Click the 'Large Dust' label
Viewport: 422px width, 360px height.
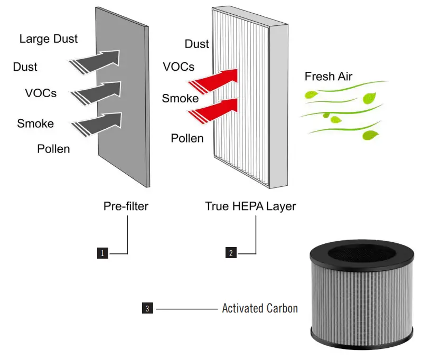(49, 39)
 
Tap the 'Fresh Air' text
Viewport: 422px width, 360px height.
(328, 77)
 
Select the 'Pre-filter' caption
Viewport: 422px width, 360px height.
(126, 206)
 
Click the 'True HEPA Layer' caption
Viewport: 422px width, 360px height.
(250, 206)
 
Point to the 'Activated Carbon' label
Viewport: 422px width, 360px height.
(260, 308)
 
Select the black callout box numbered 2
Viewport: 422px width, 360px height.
(231, 253)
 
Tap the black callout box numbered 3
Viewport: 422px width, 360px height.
(148, 308)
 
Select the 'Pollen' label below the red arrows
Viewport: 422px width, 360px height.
(187, 138)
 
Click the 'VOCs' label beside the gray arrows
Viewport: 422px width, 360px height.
(41, 93)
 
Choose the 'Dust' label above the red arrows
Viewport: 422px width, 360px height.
(197, 44)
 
